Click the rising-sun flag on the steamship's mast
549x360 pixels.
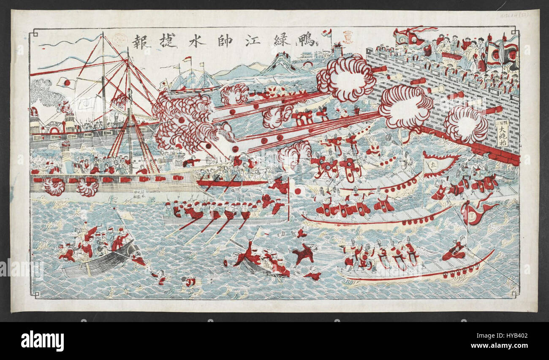coord(65,82)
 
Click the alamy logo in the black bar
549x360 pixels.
coord(42,341)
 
